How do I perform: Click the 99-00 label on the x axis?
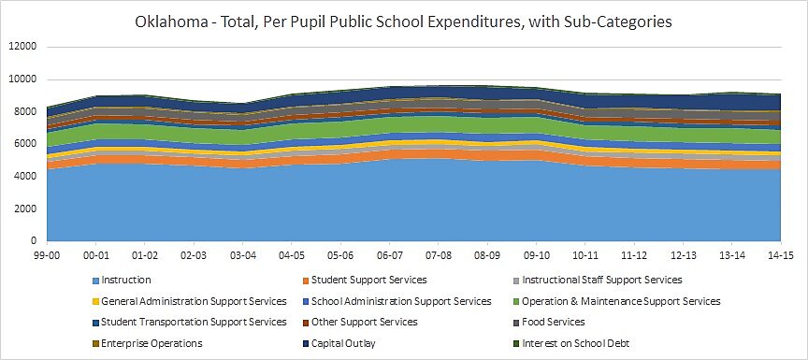click(x=47, y=254)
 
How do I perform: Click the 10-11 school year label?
click(x=585, y=254)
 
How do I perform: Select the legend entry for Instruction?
click(x=125, y=280)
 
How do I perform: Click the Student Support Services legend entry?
click(x=369, y=280)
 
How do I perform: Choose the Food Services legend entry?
click(x=554, y=323)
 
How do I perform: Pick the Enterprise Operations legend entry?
click(x=144, y=344)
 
